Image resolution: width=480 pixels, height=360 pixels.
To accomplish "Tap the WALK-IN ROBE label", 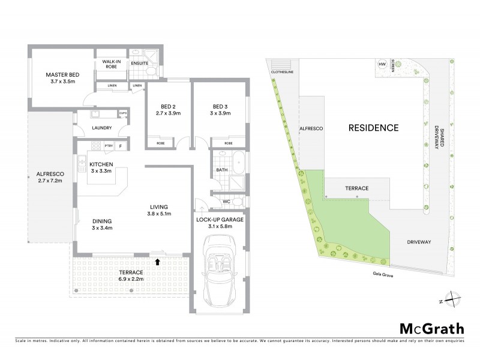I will point(112,64).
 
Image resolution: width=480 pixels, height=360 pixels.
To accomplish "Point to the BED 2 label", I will point(168,109).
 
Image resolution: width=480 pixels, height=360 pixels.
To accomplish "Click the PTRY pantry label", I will point(109,146).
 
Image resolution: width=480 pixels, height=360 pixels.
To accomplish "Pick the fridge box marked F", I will point(121,146).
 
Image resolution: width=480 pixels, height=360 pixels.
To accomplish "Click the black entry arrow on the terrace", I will point(157,261).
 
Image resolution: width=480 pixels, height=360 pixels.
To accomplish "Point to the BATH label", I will point(221,170).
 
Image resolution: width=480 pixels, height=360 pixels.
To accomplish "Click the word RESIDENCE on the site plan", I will point(373,128).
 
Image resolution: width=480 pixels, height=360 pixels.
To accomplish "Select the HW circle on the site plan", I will point(382,64).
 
